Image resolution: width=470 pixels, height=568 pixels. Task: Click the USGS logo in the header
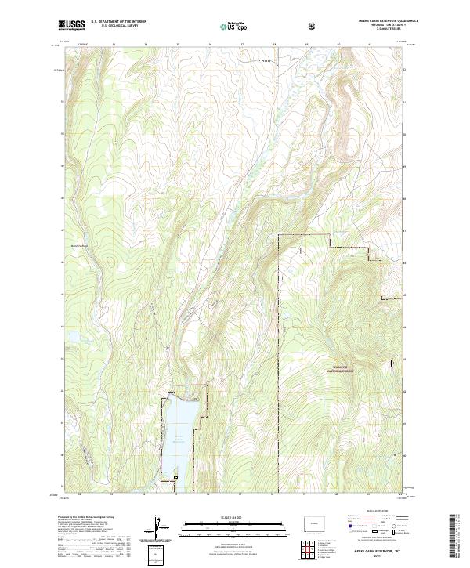72,25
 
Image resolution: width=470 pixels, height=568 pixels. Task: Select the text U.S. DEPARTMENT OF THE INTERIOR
118,23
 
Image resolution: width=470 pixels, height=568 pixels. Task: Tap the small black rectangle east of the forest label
392,364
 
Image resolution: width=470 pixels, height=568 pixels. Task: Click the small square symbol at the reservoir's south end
176,477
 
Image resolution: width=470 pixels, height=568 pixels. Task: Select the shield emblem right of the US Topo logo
314,26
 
